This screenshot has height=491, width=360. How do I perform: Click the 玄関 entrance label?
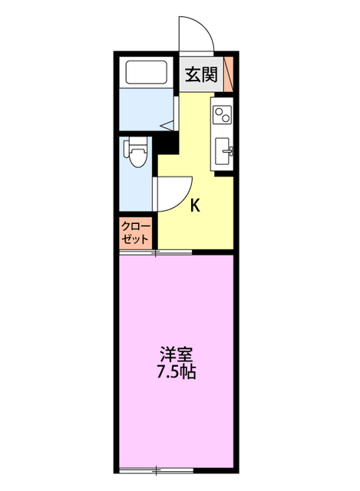click(x=201, y=75)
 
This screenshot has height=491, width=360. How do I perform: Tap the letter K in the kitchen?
click(x=195, y=206)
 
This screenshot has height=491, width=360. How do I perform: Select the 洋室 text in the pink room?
click(x=176, y=354)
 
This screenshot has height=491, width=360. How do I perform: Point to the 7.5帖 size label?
click(x=176, y=371)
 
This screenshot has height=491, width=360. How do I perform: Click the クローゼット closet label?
click(x=135, y=232)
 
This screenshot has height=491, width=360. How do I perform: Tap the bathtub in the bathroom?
click(x=146, y=72)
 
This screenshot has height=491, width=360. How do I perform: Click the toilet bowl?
click(x=137, y=156)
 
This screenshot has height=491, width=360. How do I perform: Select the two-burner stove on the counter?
click(x=222, y=114)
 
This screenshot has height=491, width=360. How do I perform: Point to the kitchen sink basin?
click(x=223, y=151)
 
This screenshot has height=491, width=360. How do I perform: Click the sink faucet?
click(x=229, y=151)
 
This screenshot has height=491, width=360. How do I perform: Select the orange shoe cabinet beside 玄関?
click(x=229, y=74)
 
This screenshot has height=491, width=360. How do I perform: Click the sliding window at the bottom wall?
click(x=157, y=470)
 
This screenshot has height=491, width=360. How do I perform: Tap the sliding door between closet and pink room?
click(x=156, y=252)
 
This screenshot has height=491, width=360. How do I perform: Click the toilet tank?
click(x=127, y=148)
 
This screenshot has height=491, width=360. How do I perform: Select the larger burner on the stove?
click(x=225, y=117)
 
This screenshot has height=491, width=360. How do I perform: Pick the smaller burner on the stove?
click(x=219, y=110)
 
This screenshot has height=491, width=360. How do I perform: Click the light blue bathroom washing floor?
click(x=146, y=109)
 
